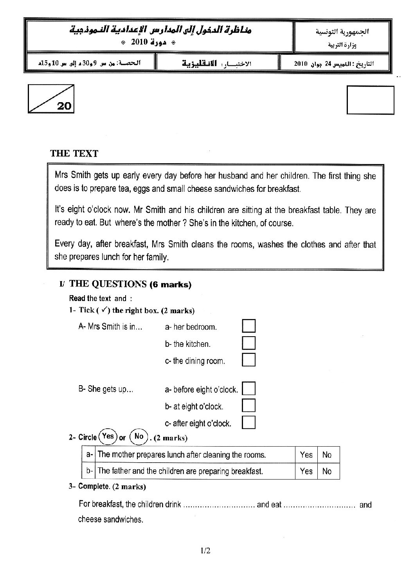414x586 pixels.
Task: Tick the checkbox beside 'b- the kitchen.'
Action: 249,343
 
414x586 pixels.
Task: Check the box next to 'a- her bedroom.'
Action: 249,326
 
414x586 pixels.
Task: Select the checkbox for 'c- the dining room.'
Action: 249,360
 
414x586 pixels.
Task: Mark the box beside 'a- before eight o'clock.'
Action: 249,389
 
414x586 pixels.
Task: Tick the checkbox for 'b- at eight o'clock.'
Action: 249,406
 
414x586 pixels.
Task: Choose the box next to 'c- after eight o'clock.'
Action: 249,422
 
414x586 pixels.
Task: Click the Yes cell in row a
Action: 306,455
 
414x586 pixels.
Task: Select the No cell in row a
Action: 327,455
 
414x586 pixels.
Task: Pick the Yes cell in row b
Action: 306,471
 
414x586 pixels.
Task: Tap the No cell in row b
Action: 327,471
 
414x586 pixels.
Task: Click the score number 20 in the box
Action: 64,106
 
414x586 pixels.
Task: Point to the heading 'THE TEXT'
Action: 74,153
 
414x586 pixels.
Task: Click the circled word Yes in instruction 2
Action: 108,436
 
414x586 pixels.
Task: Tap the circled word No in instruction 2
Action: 139,436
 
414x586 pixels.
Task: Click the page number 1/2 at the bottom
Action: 205,551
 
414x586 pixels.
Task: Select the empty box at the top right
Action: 370,100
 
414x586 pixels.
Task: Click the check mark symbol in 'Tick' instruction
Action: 104,310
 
